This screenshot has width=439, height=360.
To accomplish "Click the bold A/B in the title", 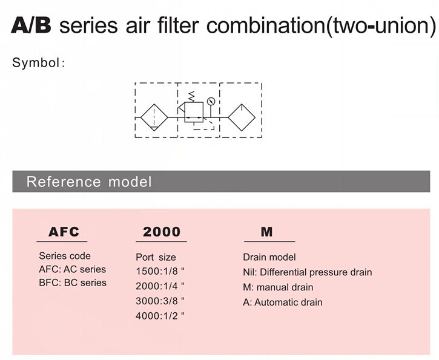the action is coord(31,25).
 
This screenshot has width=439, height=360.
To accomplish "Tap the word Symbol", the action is coord(35,62).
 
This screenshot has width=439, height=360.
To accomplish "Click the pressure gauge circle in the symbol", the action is coord(211,101).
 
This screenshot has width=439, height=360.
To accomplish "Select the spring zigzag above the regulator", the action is coord(192,97).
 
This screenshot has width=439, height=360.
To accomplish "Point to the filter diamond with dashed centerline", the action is coord(154,118).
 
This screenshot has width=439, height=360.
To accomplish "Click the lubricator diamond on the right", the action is coord(242,117).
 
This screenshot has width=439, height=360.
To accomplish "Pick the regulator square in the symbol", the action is coord(194,112).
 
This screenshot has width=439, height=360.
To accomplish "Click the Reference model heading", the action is coord(89,182).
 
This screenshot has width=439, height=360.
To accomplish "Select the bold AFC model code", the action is coord(64,232).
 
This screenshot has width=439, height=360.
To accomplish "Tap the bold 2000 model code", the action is coord(162,232).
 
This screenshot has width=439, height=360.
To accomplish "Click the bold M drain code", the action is coord(266,232).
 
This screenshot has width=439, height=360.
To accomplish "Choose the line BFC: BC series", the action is coord(73,283).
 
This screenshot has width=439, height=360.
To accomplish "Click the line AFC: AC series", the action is coord(73,269).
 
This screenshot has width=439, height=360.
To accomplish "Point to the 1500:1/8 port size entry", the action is coord(160,271).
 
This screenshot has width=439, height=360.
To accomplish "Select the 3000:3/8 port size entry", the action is coord(160,301).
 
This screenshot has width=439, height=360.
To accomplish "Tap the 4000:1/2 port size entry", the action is coord(160,316).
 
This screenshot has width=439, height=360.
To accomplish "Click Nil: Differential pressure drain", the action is coord(308,272).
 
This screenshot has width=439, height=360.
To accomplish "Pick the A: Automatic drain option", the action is coord(283,303).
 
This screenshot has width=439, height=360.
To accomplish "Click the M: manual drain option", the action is coord(278,287).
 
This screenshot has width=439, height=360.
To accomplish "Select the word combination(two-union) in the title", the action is coord(322,26).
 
